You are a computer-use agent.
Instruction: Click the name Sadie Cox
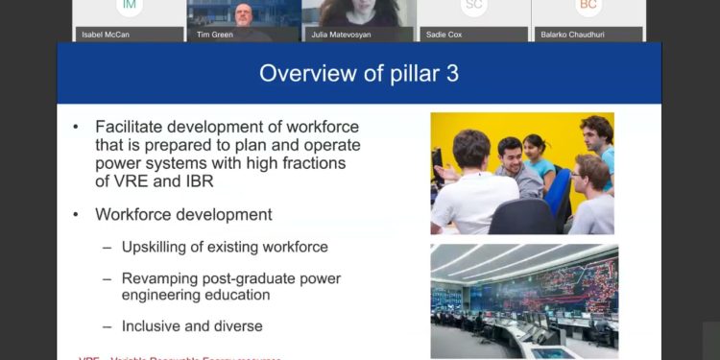pyautogui.click(x=444, y=35)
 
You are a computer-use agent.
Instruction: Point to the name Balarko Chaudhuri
pyautogui.click(x=571, y=35)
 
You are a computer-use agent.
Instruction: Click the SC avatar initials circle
pyautogui.click(x=473, y=7)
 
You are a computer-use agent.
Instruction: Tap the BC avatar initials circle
pyautogui.click(x=588, y=7)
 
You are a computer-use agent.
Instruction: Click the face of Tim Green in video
pyautogui.click(x=242, y=13)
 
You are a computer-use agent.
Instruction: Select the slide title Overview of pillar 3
pyautogui.click(x=359, y=73)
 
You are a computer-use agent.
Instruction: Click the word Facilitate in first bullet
pyautogui.click(x=132, y=127)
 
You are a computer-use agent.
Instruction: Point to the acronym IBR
pyautogui.click(x=198, y=181)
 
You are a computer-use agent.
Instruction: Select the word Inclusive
pyautogui.click(x=154, y=326)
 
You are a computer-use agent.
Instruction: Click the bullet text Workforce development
pyautogui.click(x=183, y=214)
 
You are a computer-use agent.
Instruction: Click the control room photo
pyautogui.click(x=524, y=300)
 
